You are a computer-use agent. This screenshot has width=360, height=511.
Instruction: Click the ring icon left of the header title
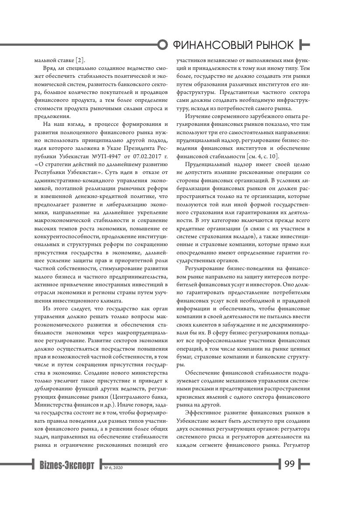pyautogui.click(x=163, y=45)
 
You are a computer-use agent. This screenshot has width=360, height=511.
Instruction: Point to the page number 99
pyautogui.click(x=290, y=464)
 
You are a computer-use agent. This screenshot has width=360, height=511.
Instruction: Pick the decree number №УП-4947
pyautogui.click(x=101, y=156)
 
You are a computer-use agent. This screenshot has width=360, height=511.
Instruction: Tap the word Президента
pyautogui.click(x=140, y=149)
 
